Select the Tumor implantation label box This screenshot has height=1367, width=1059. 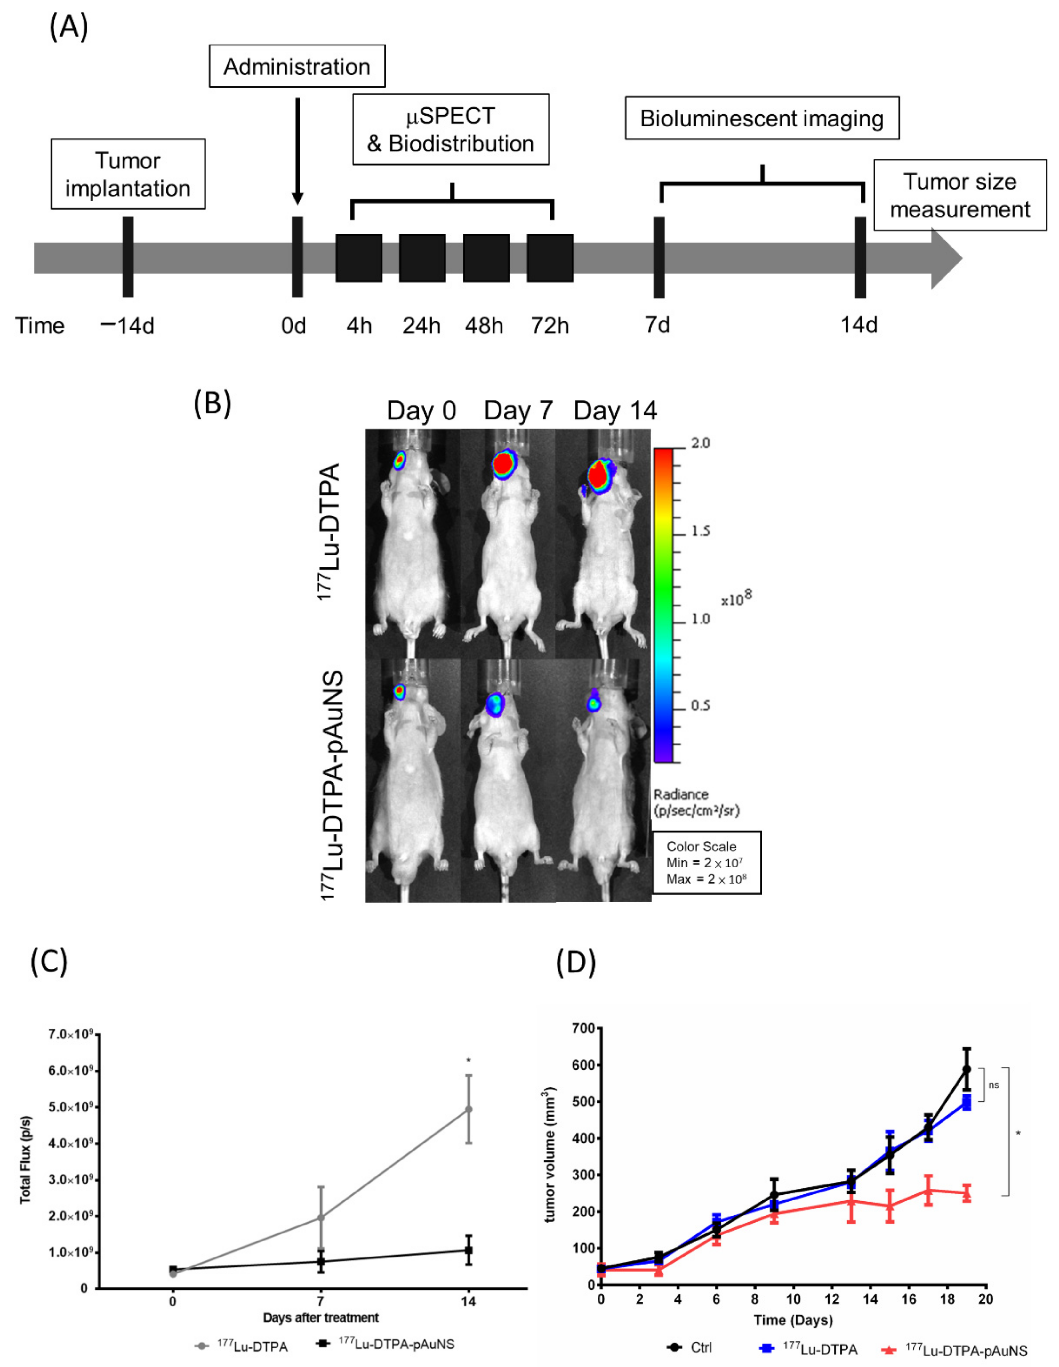128,174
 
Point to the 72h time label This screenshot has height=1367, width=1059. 550,325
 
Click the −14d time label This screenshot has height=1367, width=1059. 128,325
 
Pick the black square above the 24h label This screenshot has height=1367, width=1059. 422,258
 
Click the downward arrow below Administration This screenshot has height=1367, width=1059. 298,150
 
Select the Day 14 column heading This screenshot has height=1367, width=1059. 615,411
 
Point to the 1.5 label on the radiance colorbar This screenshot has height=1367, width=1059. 701,532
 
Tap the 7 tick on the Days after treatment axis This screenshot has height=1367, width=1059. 320,1301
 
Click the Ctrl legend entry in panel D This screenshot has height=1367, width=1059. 690,1347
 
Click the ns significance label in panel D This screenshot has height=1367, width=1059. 994,1085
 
